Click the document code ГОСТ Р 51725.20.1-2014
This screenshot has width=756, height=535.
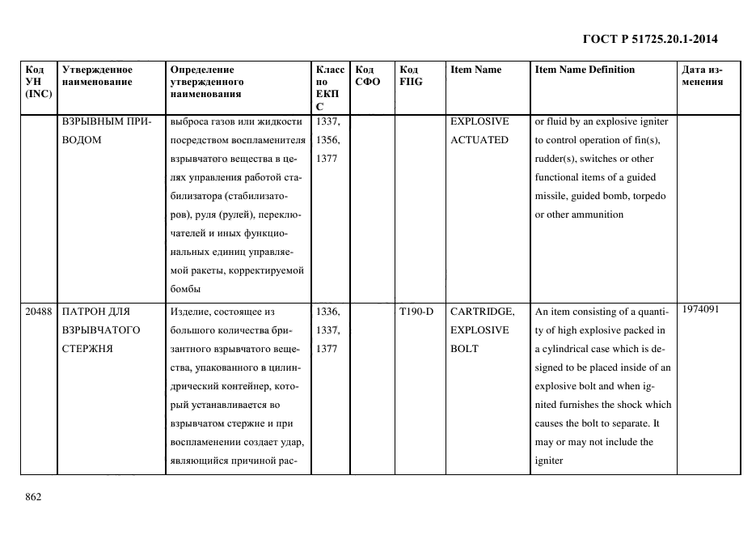[x=650, y=39]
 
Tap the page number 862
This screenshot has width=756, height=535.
[x=33, y=496]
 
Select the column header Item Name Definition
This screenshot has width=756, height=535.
[x=585, y=70]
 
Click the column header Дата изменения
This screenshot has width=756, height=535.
[x=702, y=75]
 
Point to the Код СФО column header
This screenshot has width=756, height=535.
[x=368, y=75]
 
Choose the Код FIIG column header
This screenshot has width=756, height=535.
[x=410, y=75]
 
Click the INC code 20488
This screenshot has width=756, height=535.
[x=39, y=312]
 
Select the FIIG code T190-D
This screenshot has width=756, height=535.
[x=416, y=312]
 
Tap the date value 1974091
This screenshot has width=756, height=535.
[x=700, y=308]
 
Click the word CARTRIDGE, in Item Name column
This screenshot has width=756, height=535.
[x=482, y=312]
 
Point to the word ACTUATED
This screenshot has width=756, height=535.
[x=479, y=140]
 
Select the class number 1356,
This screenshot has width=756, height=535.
[x=327, y=140]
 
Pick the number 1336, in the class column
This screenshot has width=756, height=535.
[x=327, y=312]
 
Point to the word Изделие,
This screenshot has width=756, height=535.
[x=191, y=312]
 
